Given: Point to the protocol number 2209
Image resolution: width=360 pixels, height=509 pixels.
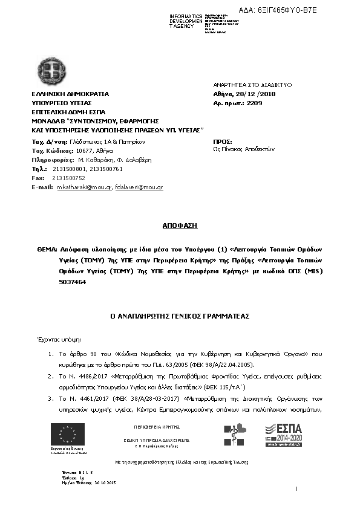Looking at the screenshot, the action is coord(255,103).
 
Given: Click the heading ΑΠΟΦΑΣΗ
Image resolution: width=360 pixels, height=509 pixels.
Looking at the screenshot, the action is coord(180,225).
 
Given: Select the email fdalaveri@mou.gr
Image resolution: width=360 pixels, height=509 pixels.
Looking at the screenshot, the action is coord(139,187).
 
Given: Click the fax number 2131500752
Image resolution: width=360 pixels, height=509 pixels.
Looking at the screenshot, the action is coord(69,178).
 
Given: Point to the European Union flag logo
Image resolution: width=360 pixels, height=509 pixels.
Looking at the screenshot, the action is coord(68,435).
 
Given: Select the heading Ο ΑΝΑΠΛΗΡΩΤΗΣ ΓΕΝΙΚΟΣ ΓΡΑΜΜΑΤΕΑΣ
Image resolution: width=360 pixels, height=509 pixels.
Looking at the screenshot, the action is coord(180,316).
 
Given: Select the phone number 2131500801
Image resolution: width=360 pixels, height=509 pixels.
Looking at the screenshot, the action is coord(74,169).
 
